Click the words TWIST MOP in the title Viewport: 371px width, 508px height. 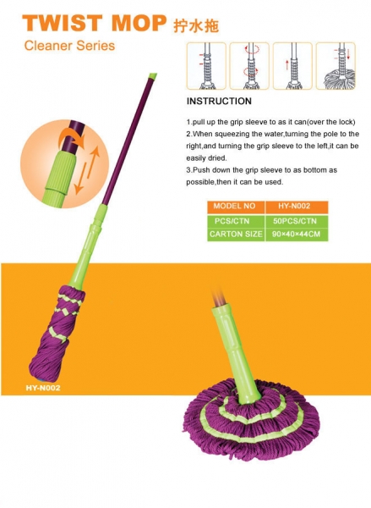(94, 23)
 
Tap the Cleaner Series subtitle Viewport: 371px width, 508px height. (69, 46)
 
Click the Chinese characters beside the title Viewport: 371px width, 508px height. (196, 25)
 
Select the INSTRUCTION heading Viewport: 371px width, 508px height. (219, 101)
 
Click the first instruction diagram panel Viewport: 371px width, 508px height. (206, 66)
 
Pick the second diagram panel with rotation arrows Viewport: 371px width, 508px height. (249, 66)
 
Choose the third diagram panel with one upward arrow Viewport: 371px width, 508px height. (292, 66)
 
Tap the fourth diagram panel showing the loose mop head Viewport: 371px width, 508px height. (336, 66)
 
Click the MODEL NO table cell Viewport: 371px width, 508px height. (236, 207)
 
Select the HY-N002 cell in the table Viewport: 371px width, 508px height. (297, 207)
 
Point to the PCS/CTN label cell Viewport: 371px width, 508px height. (236, 221)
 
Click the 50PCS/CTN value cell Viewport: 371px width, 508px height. (297, 221)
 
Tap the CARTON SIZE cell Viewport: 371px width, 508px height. (236, 235)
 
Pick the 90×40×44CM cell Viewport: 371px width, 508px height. (297, 235)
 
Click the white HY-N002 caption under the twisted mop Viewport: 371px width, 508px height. (43, 388)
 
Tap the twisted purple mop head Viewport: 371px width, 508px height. (57, 334)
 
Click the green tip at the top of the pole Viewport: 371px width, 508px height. (152, 76)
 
